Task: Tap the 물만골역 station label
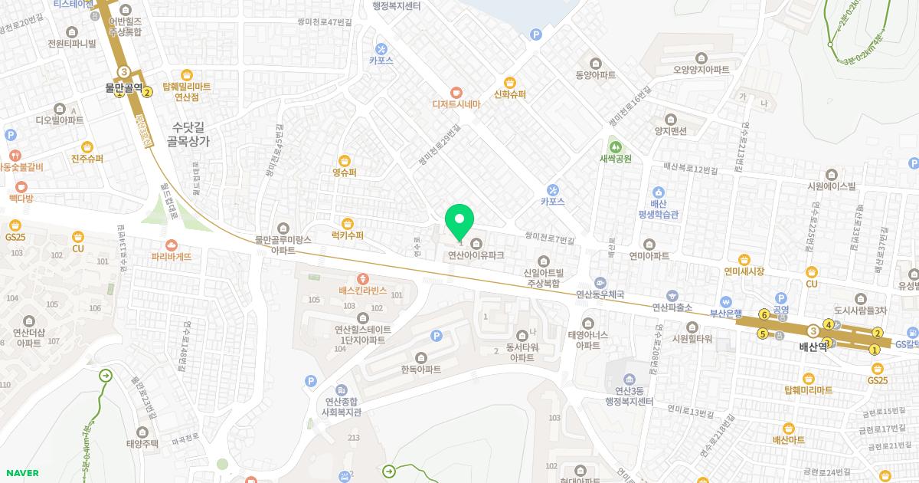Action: [124, 88]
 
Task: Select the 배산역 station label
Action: [813, 347]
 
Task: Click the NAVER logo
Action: [21, 473]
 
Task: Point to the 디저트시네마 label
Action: [456, 104]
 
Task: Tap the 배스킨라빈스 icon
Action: [363, 279]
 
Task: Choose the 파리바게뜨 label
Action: [171, 257]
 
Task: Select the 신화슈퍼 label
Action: [510, 95]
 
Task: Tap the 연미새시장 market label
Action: [744, 271]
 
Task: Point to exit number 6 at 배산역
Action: [764, 314]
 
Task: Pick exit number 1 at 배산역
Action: [874, 350]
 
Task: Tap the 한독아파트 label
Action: [420, 370]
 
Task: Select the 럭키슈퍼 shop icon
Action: [348, 223]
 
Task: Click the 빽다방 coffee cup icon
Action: [21, 186]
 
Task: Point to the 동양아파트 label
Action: [596, 75]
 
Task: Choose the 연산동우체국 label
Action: [600, 294]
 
